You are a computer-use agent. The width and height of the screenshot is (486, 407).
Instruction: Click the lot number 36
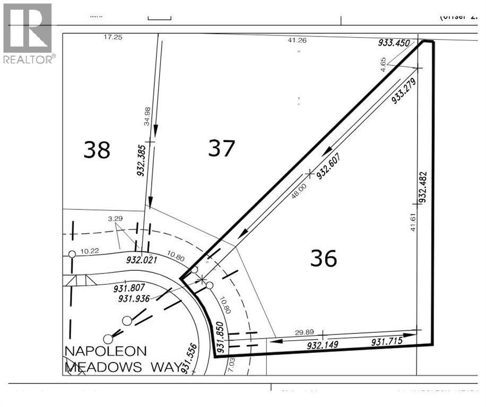pos(323,259)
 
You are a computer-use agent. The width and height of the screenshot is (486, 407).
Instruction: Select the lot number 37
pos(221,148)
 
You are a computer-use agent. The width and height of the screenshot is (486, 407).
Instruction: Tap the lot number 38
pos(97,150)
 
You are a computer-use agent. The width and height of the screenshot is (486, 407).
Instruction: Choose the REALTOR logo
pos(28,33)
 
